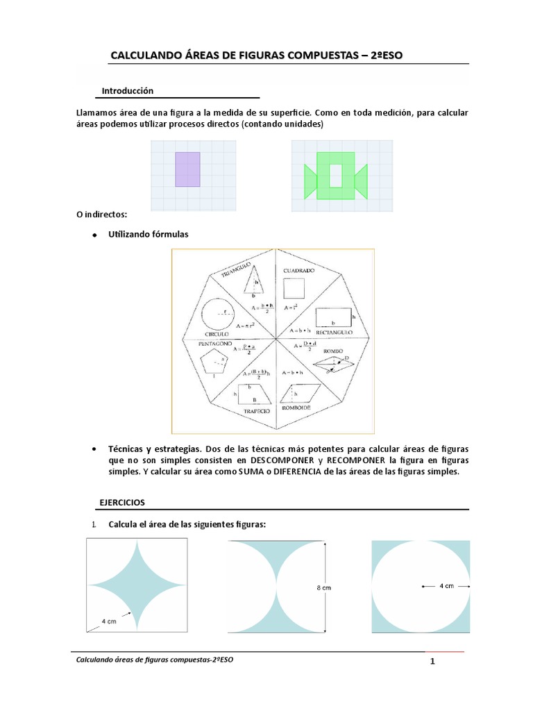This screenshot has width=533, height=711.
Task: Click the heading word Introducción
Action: pos(127,91)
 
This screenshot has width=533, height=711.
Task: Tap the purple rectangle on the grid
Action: pos(188,169)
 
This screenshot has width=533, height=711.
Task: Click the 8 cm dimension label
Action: pos(324,587)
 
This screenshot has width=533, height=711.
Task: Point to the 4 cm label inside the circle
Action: pos(446,586)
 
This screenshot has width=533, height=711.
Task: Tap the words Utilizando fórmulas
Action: pos(148,235)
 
